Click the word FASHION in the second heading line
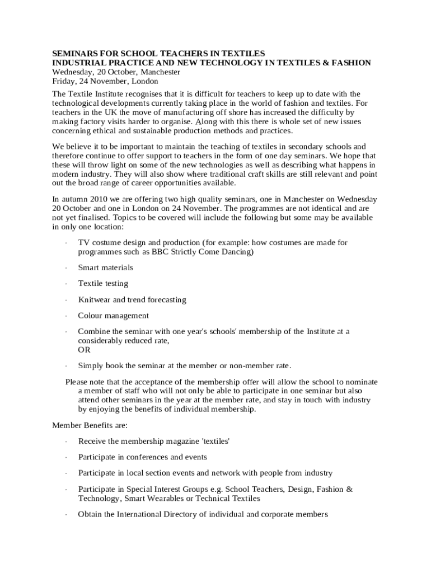(351, 63)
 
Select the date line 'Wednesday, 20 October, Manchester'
(116, 72)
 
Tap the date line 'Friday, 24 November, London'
(105, 81)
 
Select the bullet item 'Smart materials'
(106, 267)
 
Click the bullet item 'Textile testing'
(103, 284)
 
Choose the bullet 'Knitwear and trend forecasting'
(132, 300)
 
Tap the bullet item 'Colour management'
(114, 316)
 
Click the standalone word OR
(84, 350)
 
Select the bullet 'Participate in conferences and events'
(143, 457)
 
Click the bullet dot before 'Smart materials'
(66, 268)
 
